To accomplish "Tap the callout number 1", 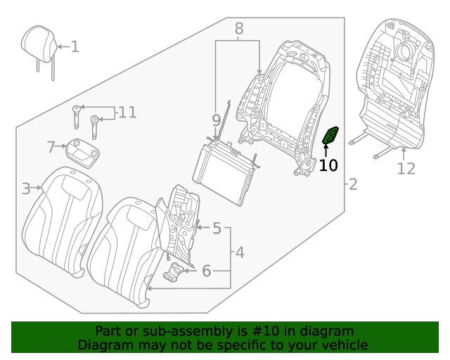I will tap(75, 47).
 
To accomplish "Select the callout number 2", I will tap(353, 185).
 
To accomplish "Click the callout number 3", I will tap(26, 188).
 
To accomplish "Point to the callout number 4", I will tap(240, 252).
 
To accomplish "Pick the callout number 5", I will tap(217, 229).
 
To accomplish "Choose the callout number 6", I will tap(207, 271).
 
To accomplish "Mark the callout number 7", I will tap(51, 147).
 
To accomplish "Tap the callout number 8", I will tap(238, 29).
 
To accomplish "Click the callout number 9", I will tap(217, 120).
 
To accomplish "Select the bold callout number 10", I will tap(328, 166).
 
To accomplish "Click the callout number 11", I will tap(127, 112).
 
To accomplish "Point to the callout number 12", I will tap(406, 169).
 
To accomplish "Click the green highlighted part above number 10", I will tap(330, 135).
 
